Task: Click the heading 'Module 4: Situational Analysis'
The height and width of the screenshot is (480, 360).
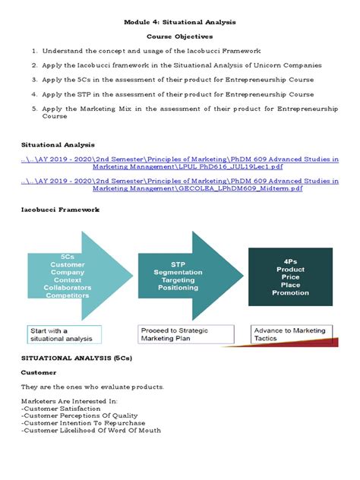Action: click(179, 22)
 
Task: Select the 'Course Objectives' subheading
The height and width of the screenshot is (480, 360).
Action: click(179, 36)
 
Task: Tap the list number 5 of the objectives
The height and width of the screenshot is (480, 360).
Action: click(34, 109)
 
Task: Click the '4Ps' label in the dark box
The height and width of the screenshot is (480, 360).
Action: click(290, 260)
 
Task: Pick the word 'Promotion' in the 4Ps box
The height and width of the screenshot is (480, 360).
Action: click(290, 293)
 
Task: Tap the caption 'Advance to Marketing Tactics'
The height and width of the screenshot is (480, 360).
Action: click(289, 334)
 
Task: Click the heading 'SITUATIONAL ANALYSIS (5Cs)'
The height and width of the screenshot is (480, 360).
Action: click(75, 355)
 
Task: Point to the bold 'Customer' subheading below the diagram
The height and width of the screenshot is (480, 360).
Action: click(39, 372)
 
